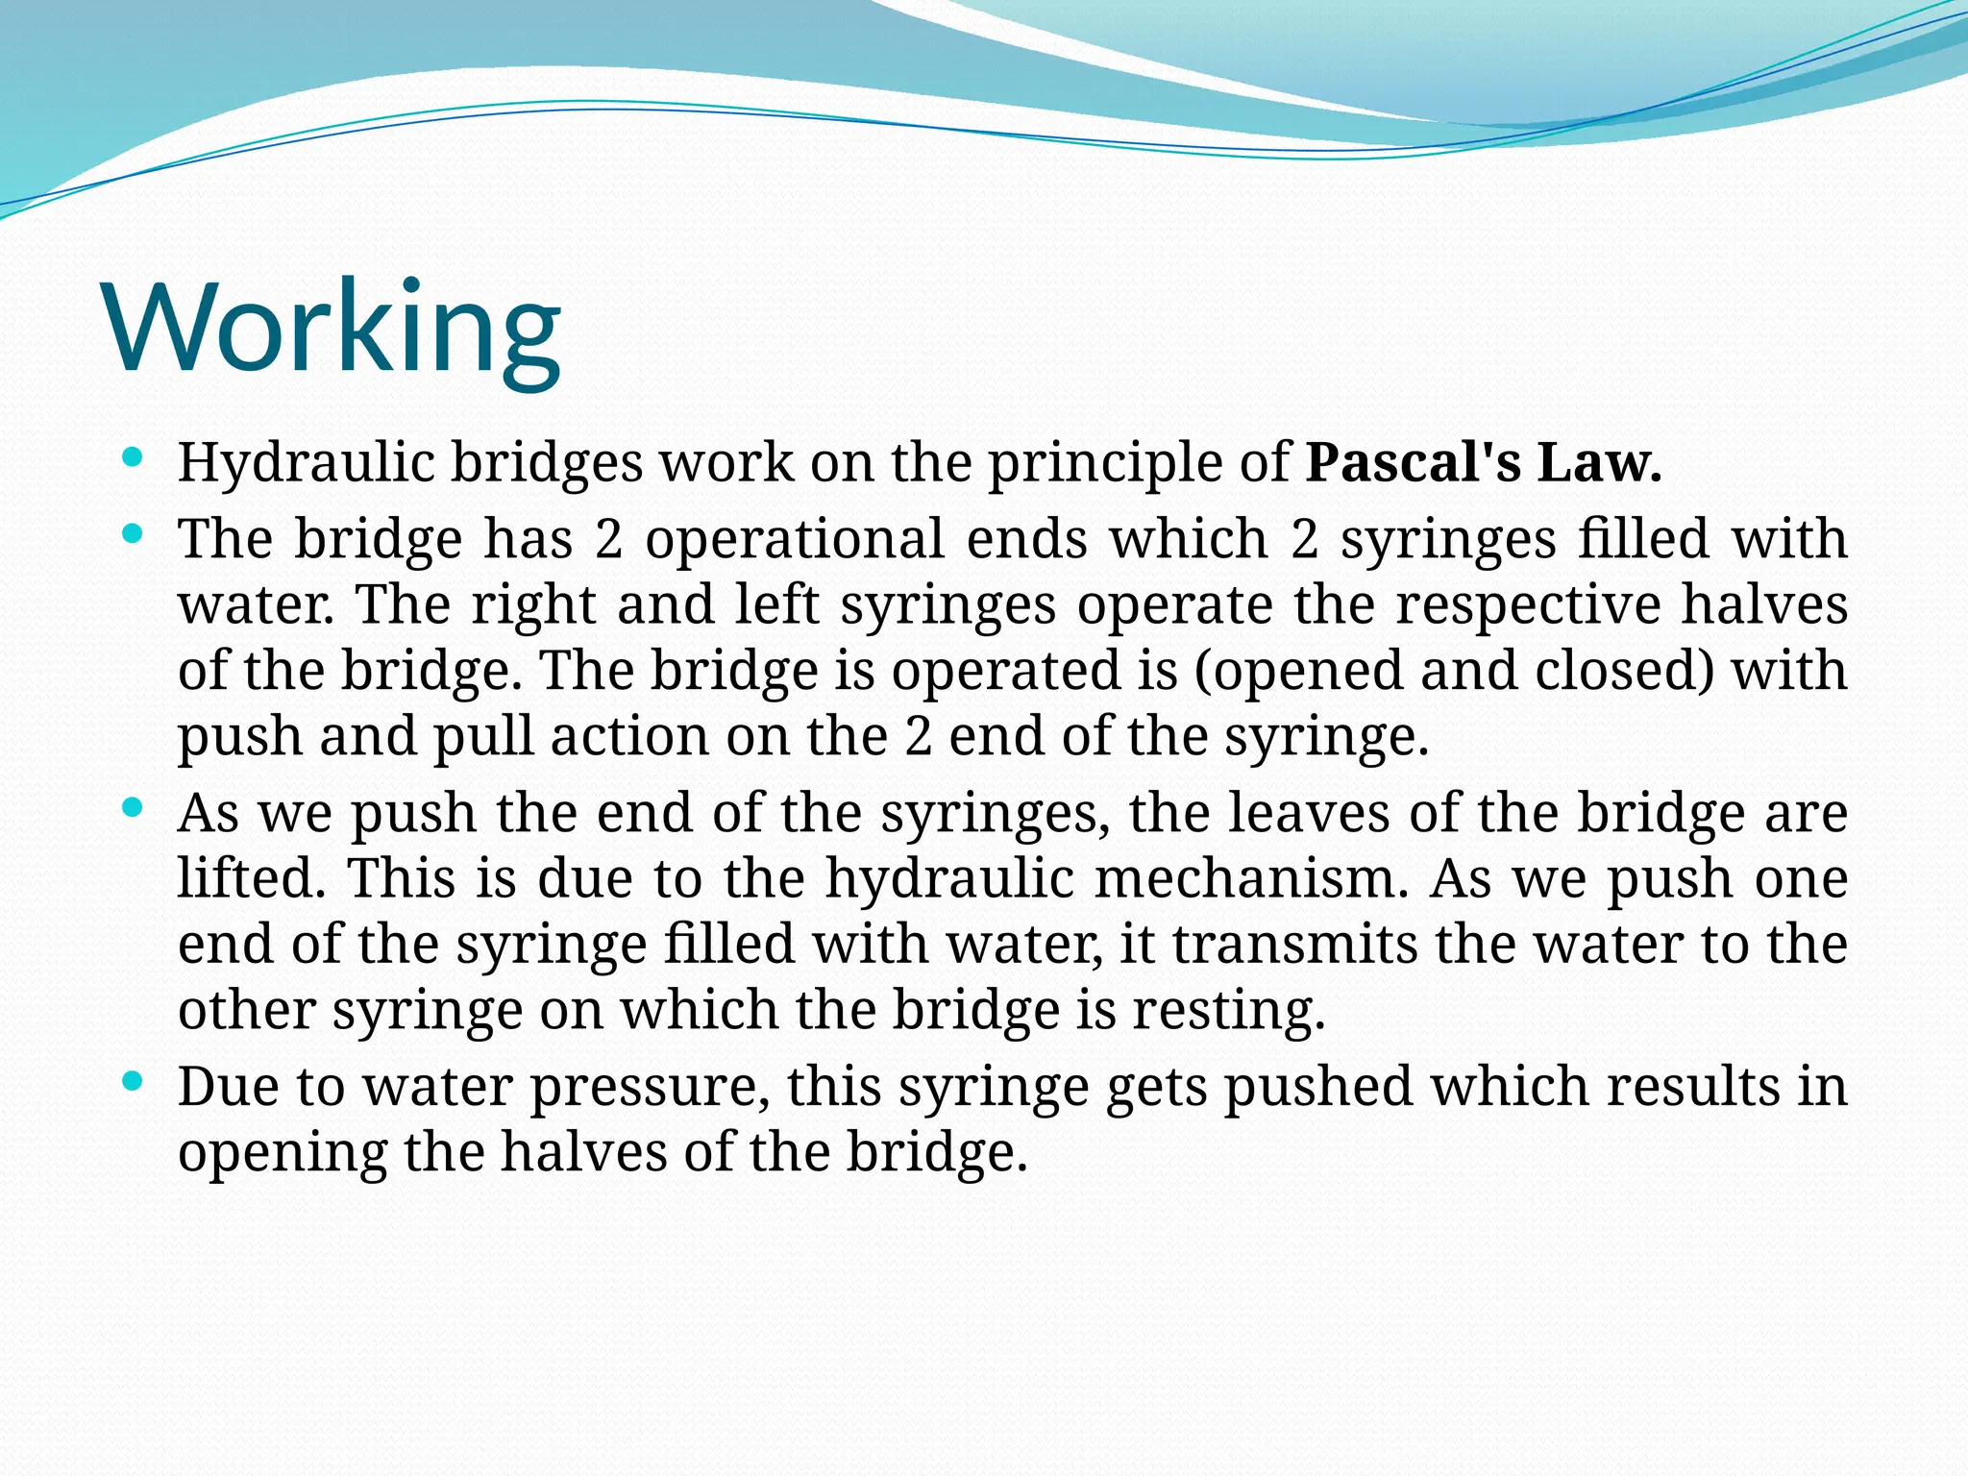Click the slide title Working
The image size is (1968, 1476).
(332, 327)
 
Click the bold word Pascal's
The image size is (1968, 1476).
(1413, 463)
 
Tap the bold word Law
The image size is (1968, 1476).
(1599, 463)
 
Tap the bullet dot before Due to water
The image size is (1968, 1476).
(134, 1081)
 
